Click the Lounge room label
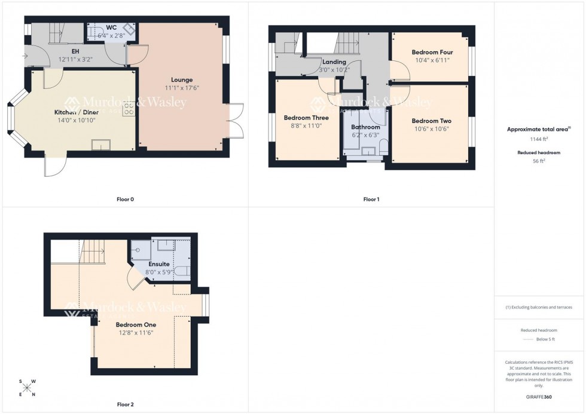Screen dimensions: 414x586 point(182,79)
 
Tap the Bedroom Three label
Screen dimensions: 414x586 point(306,118)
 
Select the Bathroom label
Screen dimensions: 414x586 point(365,127)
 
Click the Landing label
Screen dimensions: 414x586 point(334,62)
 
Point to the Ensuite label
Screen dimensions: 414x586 point(159,263)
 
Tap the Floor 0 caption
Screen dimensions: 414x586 point(125,199)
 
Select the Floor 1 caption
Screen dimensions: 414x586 point(371,199)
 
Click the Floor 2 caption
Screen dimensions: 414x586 point(125,404)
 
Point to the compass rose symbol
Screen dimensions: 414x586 point(27,388)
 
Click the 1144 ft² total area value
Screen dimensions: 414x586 point(539,139)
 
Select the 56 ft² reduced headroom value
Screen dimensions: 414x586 point(539,161)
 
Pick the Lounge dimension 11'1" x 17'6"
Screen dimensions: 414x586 point(182,88)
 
